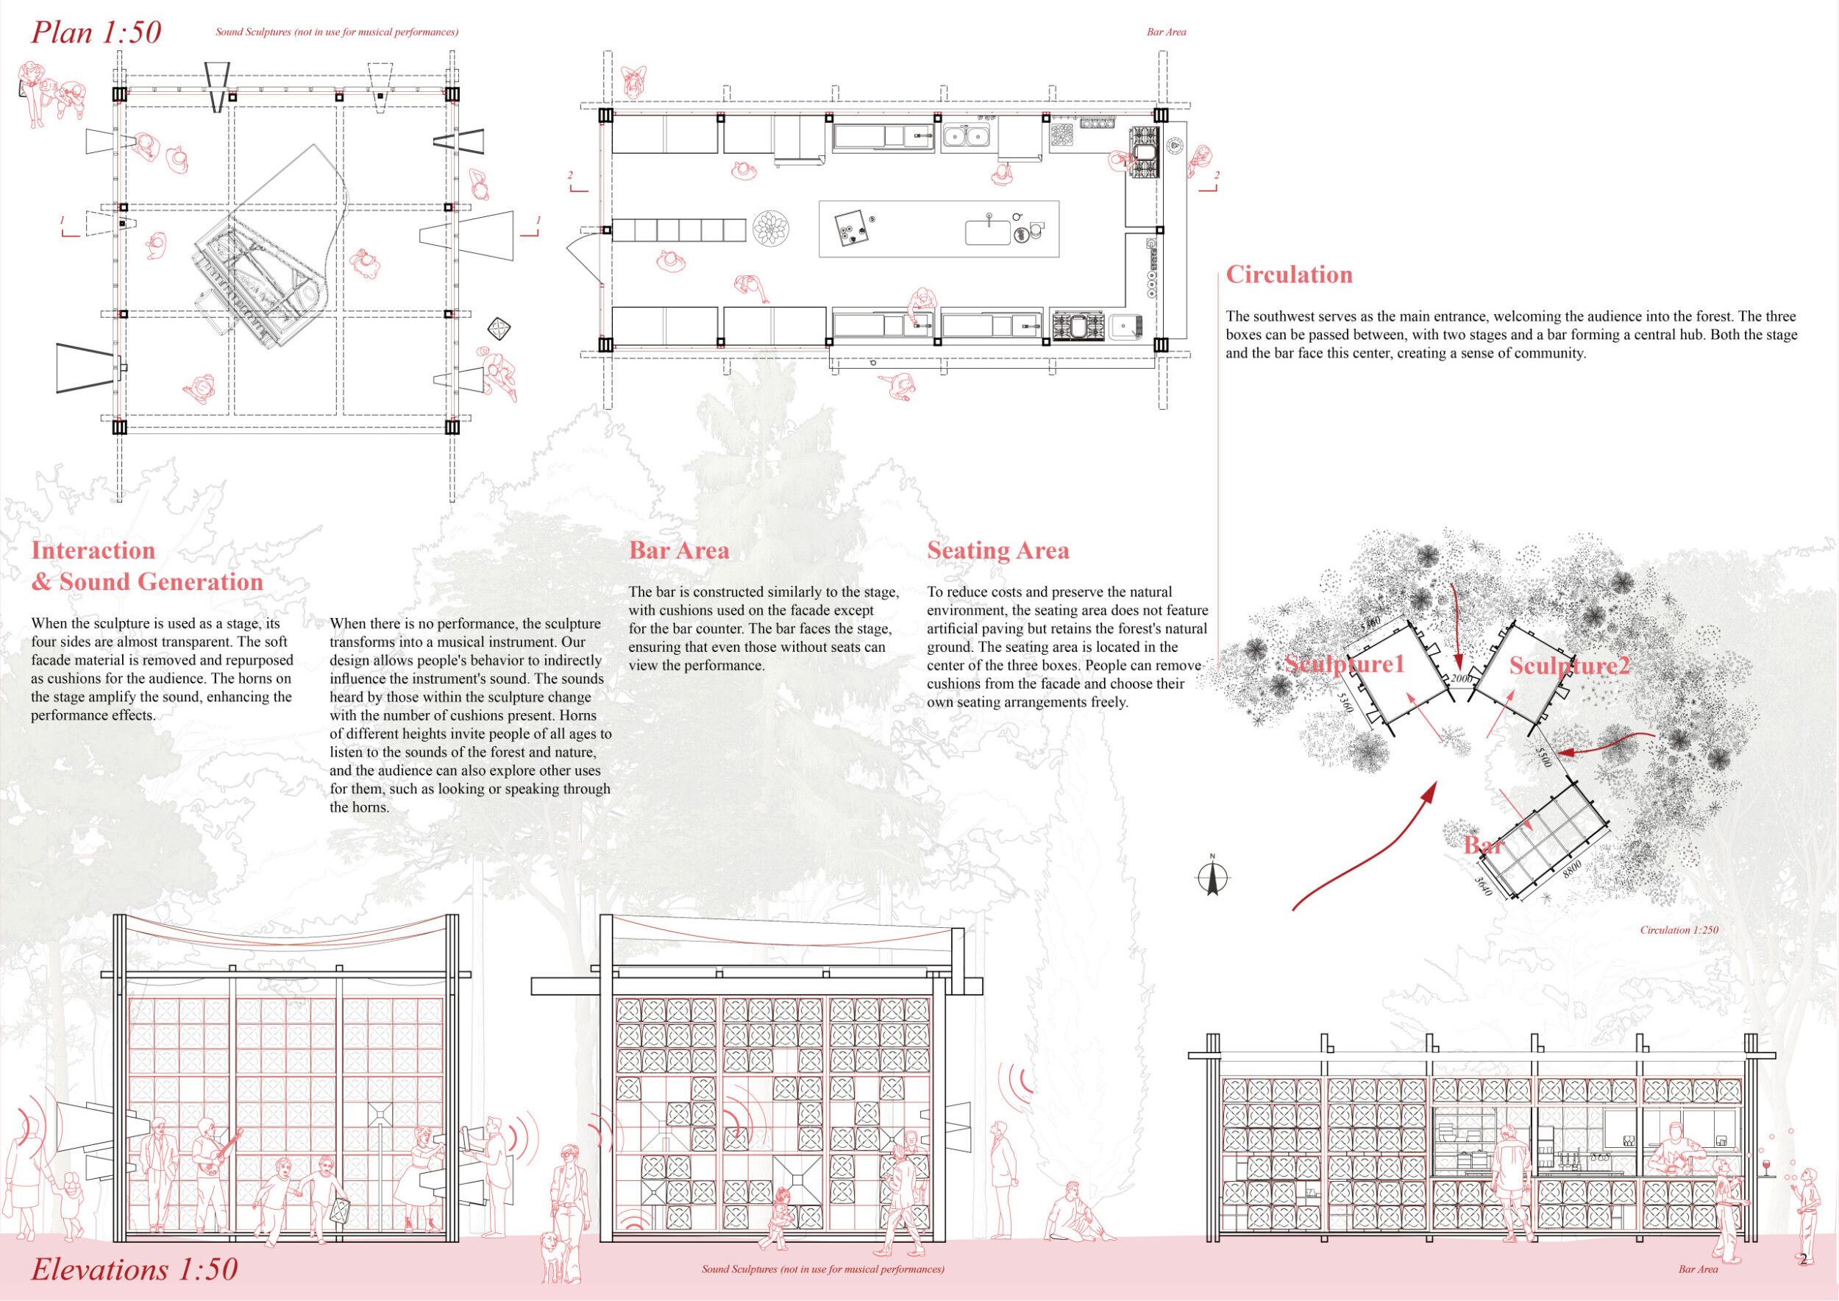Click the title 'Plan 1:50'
coord(96,33)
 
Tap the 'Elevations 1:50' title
coord(135,1269)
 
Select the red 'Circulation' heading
coord(1289,274)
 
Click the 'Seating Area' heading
coord(998,550)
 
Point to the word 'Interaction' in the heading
coord(93,550)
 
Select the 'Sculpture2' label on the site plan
coord(1569,666)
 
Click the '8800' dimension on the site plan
coord(1571,869)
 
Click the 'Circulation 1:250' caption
coord(1679,930)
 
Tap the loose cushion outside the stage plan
coord(499,327)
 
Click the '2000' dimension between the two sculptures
coord(1461,678)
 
